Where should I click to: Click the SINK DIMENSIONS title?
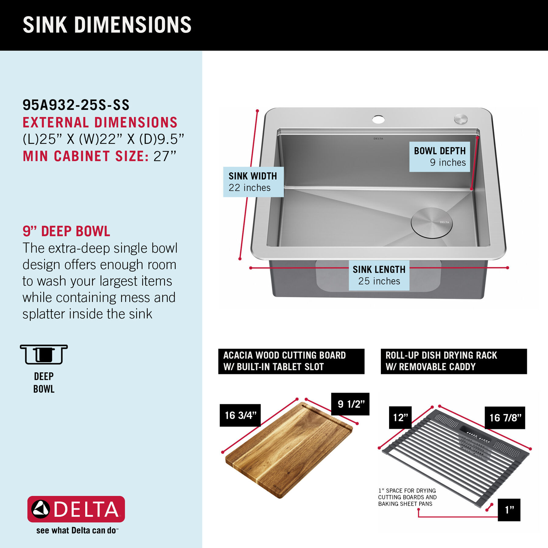coord(107,25)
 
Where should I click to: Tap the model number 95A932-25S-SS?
coord(76,105)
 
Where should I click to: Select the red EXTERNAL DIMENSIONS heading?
coord(100,122)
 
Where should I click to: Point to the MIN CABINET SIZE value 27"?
coord(165,156)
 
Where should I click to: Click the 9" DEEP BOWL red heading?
coord(66,231)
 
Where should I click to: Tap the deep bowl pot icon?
coord(44,354)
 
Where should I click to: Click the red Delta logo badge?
coord(76,509)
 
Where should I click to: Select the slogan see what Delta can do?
coord(77,530)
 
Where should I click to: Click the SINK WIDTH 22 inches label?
coord(253,182)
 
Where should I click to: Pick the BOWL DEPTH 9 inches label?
coord(440,156)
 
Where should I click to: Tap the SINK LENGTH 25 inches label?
coord(379,275)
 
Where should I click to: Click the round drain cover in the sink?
coord(432,223)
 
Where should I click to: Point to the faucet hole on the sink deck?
coord(378,119)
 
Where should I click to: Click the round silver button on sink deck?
coord(461,119)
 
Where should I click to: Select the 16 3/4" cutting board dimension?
coord(240,415)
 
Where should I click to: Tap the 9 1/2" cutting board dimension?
coord(350,404)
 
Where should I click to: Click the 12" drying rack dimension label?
coord(400,417)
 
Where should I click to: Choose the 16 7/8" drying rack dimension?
coord(505,418)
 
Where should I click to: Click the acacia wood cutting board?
coord(289,451)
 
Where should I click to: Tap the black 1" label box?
coord(509,510)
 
